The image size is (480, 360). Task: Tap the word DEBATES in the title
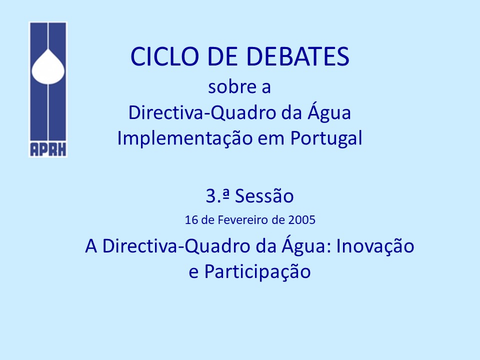tap(298, 56)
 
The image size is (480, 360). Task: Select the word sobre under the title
tap(232, 87)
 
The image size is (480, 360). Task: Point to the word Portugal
tap(326, 138)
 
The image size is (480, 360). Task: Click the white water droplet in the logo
tap(48, 66)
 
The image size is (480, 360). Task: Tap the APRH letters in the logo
tap(48, 149)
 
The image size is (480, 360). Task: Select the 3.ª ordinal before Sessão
tap(217, 195)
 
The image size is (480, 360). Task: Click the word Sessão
tap(264, 196)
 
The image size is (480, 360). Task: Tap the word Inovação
tap(375, 246)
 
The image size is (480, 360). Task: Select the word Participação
tap(257, 272)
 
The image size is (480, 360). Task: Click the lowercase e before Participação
tap(193, 272)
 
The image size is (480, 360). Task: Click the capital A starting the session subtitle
tap(91, 246)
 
